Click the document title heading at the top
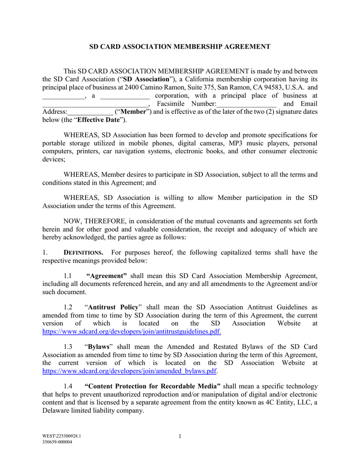click(x=179, y=47)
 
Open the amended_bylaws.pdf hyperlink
click(x=129, y=371)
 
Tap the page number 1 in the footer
click(x=180, y=437)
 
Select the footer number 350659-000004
click(x=57, y=442)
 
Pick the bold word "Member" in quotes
click(x=133, y=111)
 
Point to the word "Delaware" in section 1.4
click(x=56, y=410)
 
